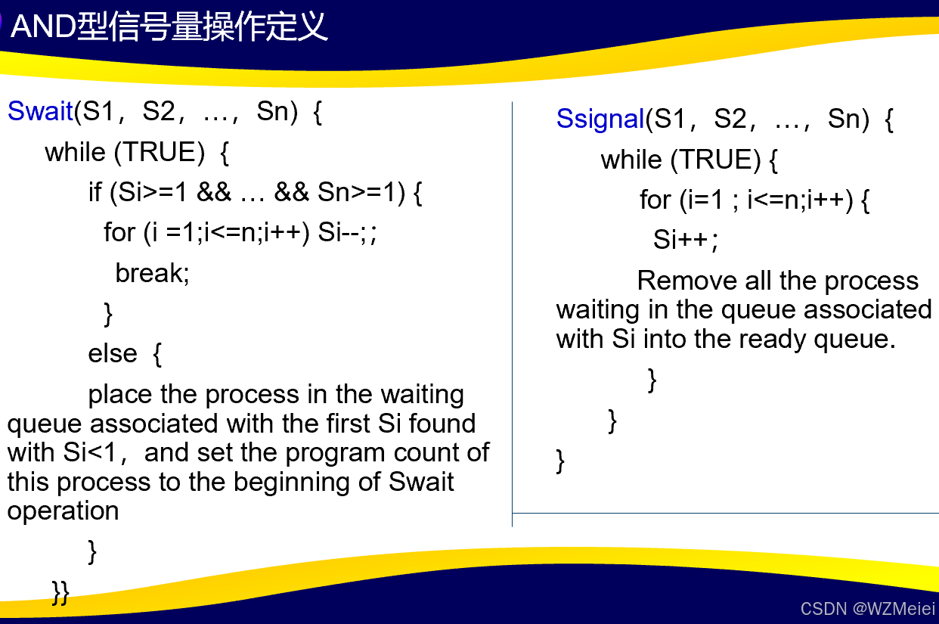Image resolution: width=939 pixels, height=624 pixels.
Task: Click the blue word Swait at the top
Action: (41, 111)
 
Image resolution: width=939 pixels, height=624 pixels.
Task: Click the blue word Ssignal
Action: (600, 119)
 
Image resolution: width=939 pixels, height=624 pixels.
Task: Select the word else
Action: (113, 353)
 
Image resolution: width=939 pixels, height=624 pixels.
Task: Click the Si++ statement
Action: (685, 240)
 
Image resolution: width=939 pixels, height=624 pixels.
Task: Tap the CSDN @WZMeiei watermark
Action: (867, 608)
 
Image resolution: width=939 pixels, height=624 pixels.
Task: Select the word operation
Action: (64, 511)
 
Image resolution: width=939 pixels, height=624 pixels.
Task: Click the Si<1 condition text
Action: (89, 452)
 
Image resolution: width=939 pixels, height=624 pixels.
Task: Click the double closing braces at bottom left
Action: (60, 593)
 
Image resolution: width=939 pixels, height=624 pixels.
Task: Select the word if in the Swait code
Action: (95, 192)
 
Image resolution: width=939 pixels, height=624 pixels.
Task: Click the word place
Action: (120, 395)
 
